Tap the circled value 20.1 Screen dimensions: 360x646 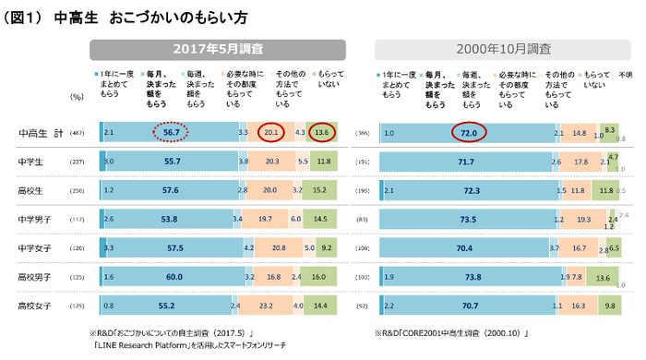pos(272,133)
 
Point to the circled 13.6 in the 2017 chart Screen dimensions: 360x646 pos(322,133)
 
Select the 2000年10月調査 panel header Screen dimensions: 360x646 pos(502,49)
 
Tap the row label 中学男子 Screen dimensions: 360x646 pos(38,219)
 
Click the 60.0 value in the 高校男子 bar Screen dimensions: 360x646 pos(174,276)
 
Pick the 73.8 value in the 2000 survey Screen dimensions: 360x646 pos(472,276)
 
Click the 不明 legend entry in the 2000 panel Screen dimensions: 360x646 pos(626,73)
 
